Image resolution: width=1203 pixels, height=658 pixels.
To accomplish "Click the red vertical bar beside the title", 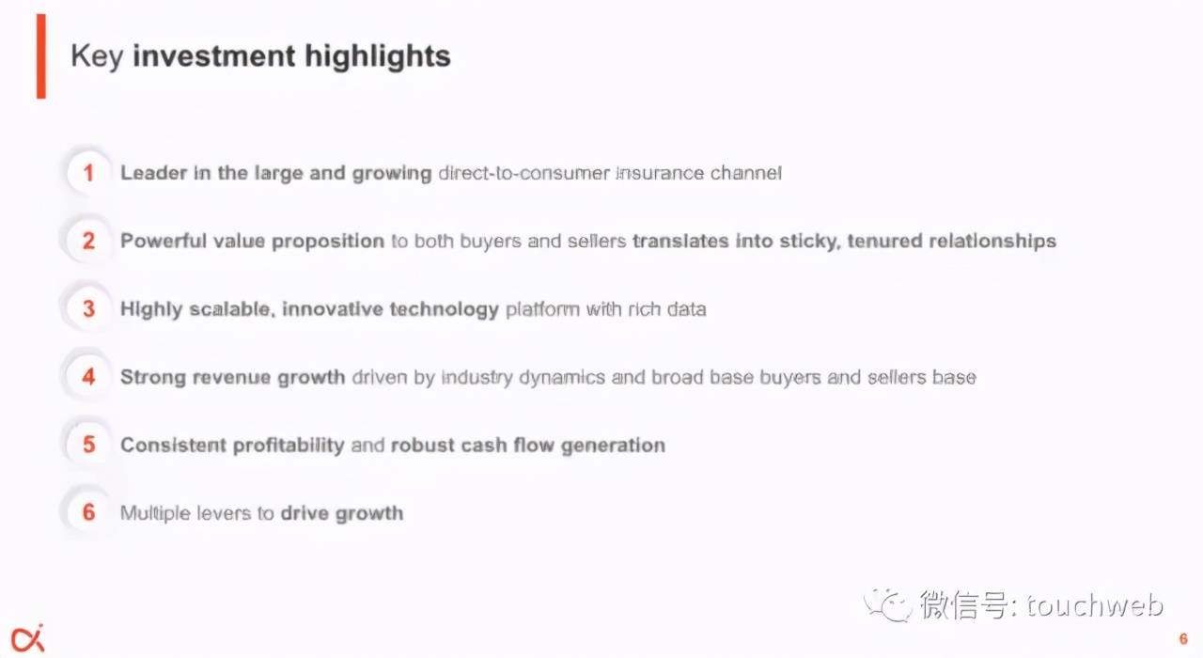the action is coord(41,56).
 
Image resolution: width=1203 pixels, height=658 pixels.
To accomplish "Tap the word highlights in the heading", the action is coord(378,55).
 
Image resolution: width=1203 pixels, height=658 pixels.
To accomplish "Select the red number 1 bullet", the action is coord(88,173).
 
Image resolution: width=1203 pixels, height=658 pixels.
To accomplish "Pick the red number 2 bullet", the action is coord(88,241).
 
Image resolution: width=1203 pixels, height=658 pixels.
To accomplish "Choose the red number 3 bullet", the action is coord(88,309).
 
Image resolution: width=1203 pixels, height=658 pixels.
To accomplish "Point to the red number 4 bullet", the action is coord(88,377).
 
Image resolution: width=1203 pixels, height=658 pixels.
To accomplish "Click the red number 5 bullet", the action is coord(88,445).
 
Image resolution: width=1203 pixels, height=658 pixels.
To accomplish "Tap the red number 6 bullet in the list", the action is coord(88,512).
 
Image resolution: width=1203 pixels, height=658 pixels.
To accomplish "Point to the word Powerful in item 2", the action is coord(164,241).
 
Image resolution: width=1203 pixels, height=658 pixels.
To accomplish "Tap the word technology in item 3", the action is coord(445,309).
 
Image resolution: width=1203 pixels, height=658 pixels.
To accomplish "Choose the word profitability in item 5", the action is coord(289,446).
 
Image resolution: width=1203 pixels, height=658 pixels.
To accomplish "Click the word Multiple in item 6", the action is coord(155,513).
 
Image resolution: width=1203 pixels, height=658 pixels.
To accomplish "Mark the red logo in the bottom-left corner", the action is coord(28,638).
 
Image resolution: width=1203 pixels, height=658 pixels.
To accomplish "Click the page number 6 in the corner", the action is coord(1183,638).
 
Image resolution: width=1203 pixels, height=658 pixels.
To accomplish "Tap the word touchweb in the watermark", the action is coord(1095,605).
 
